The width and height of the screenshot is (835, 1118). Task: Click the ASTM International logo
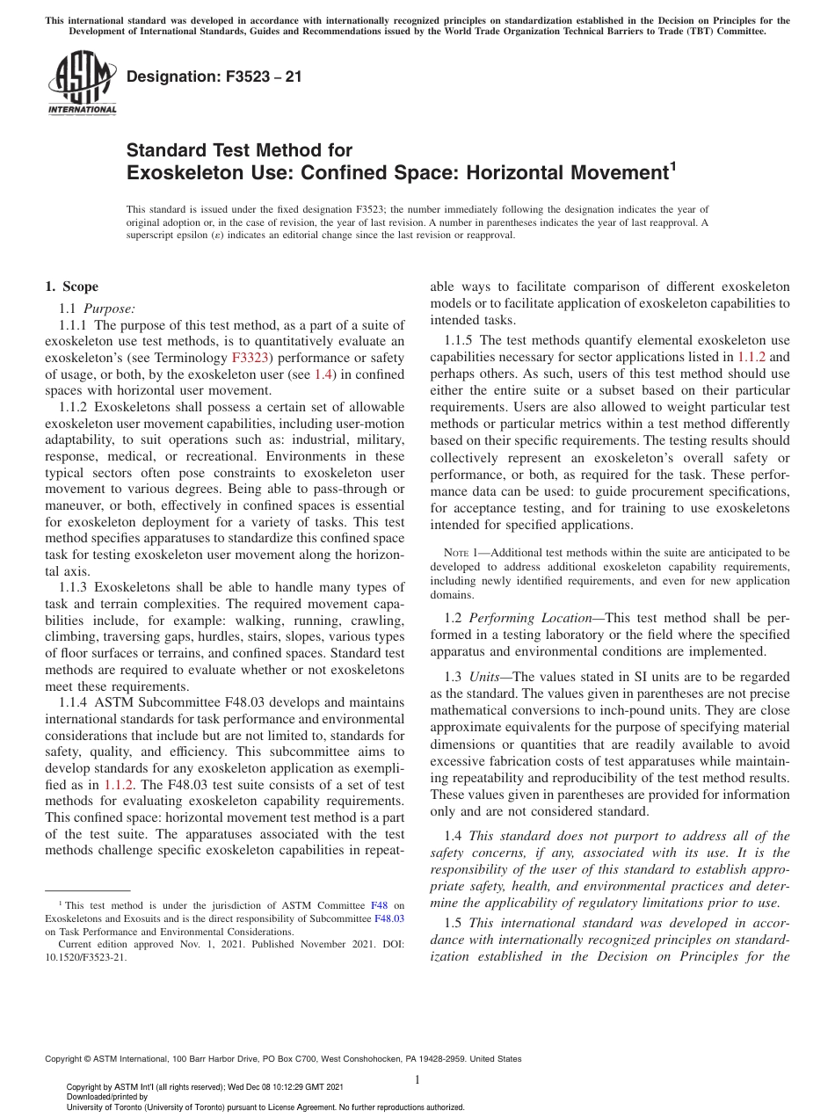tap(82, 83)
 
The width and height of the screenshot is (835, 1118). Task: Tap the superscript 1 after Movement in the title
tap(673, 164)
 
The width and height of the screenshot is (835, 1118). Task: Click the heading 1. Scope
tap(71, 287)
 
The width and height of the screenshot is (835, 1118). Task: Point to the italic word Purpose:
tap(110, 308)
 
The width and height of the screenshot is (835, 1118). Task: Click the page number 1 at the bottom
tap(417, 1079)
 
